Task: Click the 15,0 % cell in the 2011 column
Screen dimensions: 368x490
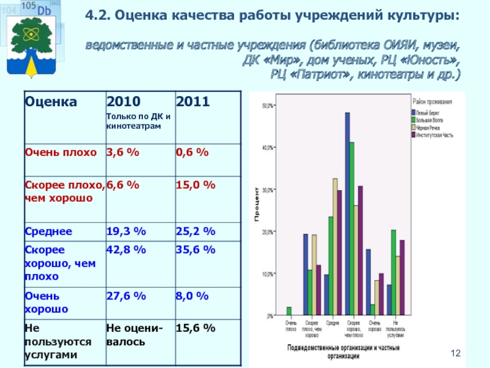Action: [x=195, y=185]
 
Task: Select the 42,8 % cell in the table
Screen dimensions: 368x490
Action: [x=126, y=249]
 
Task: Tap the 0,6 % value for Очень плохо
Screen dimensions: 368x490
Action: [x=192, y=153]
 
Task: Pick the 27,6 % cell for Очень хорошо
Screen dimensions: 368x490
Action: [x=126, y=296]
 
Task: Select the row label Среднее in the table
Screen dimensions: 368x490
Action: [x=48, y=231]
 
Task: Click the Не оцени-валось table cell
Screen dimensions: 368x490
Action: [x=135, y=335]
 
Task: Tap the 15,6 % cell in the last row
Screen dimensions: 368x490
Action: [x=195, y=329]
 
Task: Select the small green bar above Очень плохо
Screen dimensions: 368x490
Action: [x=289, y=311]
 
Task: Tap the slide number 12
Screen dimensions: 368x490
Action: [x=454, y=354]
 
